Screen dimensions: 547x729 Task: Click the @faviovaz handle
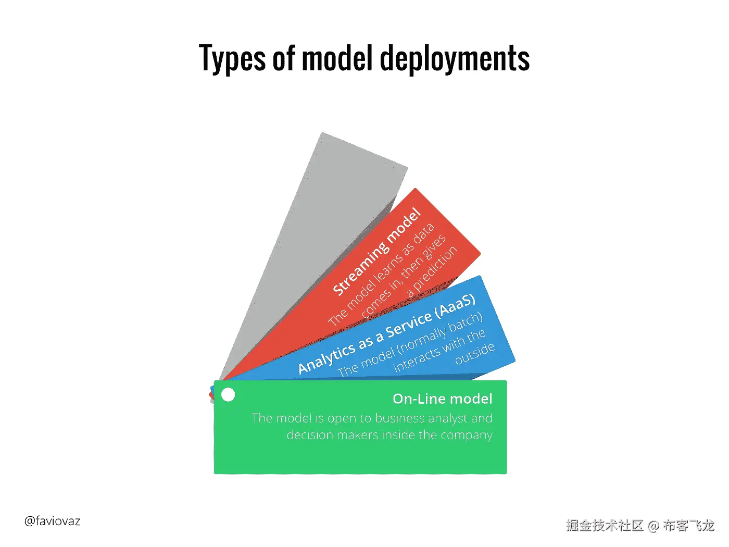pos(52,521)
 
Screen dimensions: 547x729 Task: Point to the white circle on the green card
pos(228,395)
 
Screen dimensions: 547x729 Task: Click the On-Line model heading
pos(442,399)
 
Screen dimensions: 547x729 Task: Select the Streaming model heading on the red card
pos(376,252)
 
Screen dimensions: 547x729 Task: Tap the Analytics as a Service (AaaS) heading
pos(386,334)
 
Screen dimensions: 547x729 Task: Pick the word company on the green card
pos(466,435)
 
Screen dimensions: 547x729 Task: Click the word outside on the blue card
pos(474,354)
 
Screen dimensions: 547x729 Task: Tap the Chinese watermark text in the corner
pos(640,525)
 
